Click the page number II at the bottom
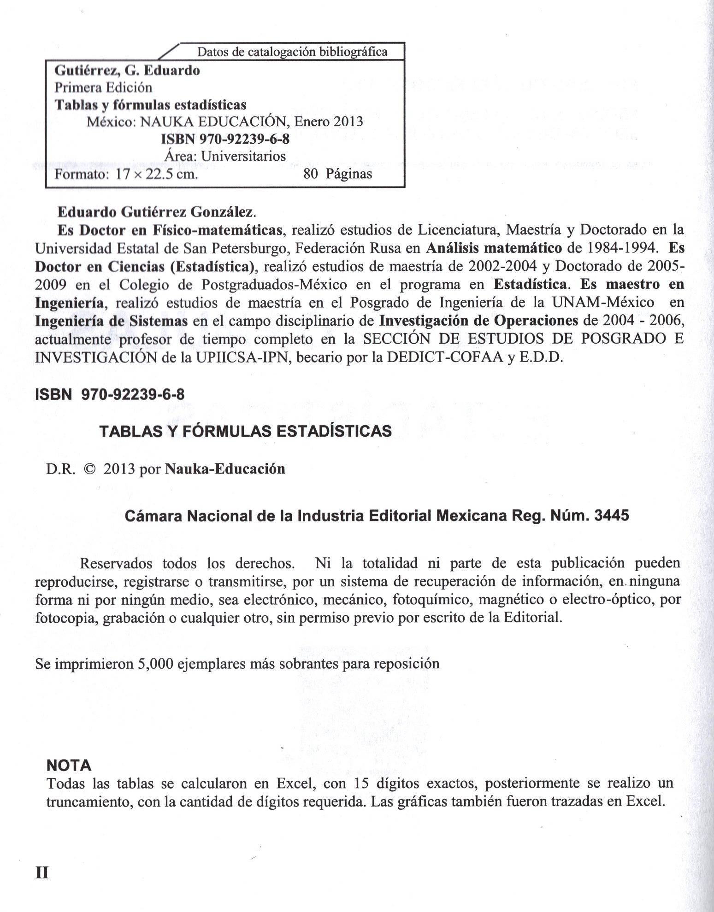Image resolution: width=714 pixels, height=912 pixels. click(x=42, y=873)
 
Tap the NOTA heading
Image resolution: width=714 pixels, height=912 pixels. click(x=69, y=766)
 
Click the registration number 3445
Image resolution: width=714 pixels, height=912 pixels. click(x=612, y=515)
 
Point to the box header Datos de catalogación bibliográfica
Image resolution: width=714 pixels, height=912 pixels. click(x=292, y=52)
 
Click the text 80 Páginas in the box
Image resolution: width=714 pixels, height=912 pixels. click(x=338, y=174)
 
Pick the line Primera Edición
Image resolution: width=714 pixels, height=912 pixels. click(x=103, y=88)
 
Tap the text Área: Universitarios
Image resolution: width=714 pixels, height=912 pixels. click(x=225, y=157)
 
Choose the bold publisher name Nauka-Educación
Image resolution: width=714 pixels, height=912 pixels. click(x=225, y=469)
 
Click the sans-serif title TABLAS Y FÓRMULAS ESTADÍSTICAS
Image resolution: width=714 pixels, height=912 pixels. click(x=246, y=431)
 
